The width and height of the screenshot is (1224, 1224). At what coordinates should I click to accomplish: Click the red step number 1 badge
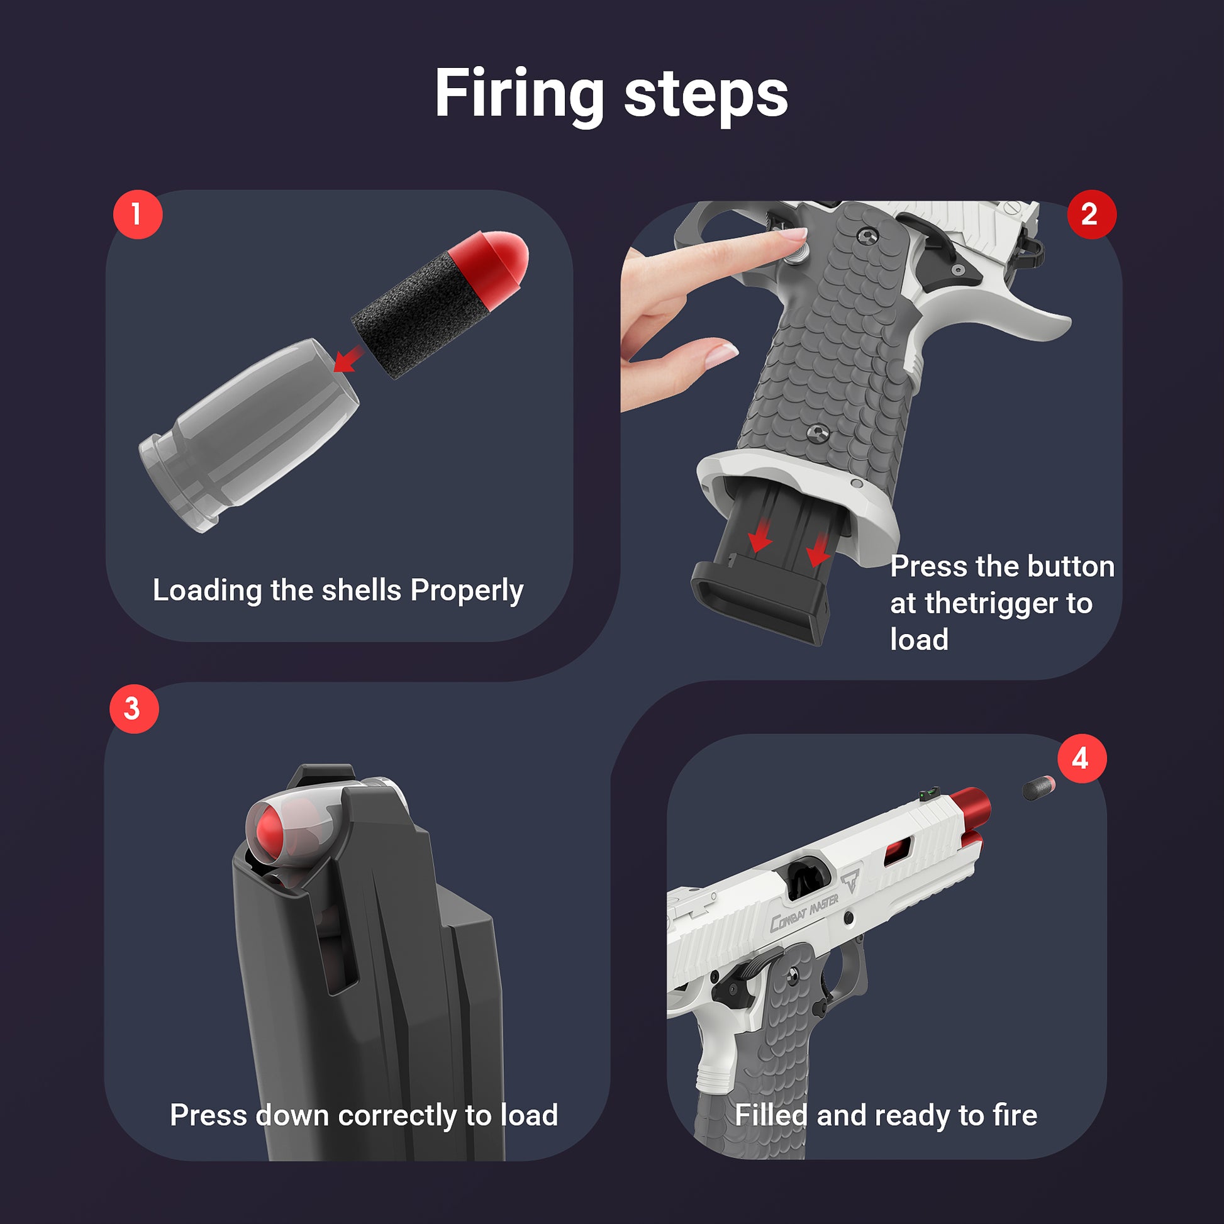[138, 214]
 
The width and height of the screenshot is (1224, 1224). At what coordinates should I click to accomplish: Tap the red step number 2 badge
[1091, 214]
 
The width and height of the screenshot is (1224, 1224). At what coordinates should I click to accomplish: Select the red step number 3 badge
[134, 708]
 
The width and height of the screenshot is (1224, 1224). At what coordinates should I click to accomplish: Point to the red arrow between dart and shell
[348, 360]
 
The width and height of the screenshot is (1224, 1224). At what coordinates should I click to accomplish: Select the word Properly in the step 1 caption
[467, 591]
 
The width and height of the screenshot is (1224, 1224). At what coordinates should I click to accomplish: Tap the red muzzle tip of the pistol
[971, 806]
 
